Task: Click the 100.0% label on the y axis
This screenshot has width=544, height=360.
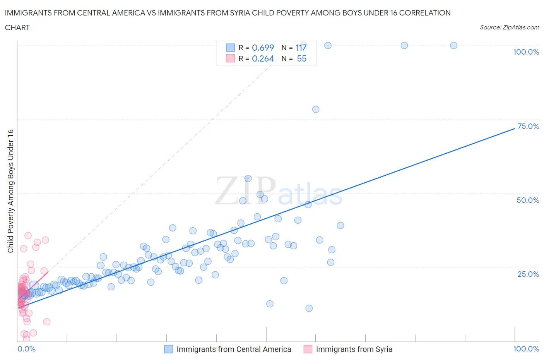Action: tap(526, 52)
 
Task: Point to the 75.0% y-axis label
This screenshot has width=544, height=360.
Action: tap(528, 127)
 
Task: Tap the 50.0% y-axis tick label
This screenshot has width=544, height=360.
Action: tap(528, 200)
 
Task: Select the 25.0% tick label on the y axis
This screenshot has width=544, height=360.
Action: tap(528, 274)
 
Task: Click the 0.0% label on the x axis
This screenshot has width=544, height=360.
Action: tap(26, 349)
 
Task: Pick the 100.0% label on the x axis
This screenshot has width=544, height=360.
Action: tap(526, 349)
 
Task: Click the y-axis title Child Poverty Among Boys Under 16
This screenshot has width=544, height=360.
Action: tap(10, 191)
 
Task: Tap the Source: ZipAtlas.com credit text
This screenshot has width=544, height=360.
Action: tap(509, 27)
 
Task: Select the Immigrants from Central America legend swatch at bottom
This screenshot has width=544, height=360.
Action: tap(169, 349)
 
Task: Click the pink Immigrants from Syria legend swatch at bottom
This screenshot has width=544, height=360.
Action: tap(308, 349)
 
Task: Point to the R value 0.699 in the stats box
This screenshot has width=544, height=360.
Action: tap(263, 48)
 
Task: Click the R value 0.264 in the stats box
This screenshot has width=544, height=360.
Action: tap(263, 58)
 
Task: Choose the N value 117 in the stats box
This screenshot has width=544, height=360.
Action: tap(301, 48)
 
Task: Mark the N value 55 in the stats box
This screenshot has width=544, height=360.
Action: tap(301, 58)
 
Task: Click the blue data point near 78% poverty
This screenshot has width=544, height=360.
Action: tap(316, 109)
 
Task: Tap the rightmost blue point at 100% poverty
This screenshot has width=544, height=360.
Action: tap(453, 45)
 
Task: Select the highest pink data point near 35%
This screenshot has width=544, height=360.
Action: tap(28, 235)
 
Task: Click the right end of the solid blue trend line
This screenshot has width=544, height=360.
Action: tap(514, 128)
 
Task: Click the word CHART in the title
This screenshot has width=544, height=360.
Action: tap(17, 27)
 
